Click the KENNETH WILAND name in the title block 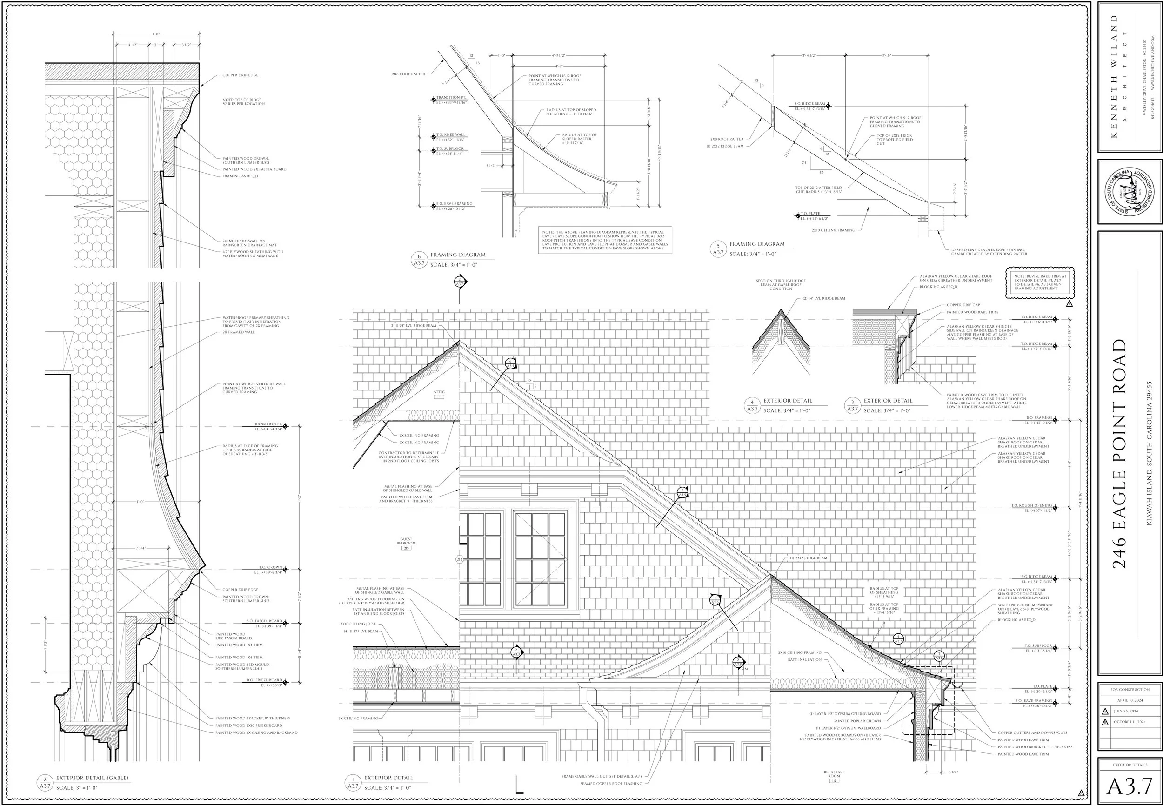coord(1114,76)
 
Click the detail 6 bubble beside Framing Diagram coord(419,260)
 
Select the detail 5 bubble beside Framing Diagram coord(718,249)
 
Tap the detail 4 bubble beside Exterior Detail coord(752,405)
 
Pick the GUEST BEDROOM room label coord(406,541)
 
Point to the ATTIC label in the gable coord(439,392)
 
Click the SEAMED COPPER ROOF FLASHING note coord(611,784)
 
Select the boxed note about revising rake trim coord(1040,282)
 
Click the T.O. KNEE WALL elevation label coord(451,137)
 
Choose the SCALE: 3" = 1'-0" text coord(77,788)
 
